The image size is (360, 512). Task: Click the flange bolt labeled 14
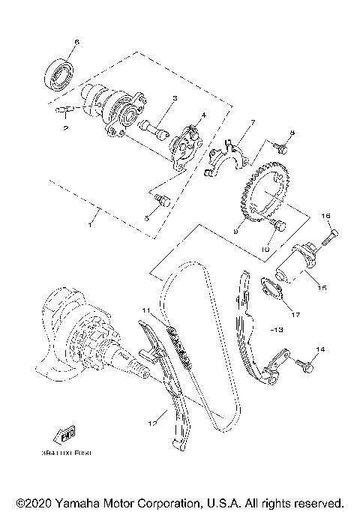(304, 365)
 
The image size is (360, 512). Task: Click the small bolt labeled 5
(163, 200)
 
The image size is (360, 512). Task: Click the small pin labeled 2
(62, 112)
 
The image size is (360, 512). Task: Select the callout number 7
(253, 121)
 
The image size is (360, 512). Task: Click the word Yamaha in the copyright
(79, 502)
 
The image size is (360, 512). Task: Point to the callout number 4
(202, 115)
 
